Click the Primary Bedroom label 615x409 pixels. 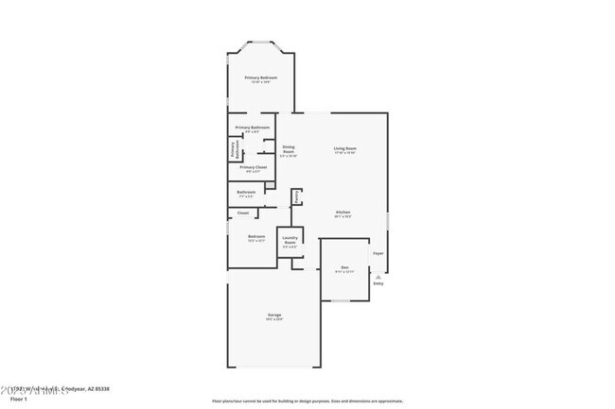260,77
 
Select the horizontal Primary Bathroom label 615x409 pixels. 253,128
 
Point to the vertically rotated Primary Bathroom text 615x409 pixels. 233,149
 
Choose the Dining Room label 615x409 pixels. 290,149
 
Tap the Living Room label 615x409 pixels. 344,148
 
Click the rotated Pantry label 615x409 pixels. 296,196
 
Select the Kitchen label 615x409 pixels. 343,213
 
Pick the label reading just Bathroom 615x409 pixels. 246,192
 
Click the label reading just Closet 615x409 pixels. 243,213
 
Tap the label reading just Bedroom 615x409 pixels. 256,236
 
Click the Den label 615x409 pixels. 345,267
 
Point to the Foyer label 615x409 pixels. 378,253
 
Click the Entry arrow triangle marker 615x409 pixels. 378,276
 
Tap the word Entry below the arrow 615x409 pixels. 378,283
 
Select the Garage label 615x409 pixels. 273,315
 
